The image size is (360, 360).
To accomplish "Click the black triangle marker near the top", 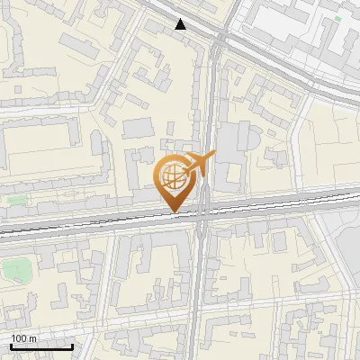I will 181,24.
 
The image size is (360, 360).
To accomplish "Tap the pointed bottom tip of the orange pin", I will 174,211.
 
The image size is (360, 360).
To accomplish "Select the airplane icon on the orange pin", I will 199,164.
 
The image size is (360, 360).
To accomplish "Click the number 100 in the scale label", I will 18,338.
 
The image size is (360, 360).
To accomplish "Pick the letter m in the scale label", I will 32,338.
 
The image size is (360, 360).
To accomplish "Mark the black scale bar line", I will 41,346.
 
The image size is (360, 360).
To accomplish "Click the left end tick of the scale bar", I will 11,345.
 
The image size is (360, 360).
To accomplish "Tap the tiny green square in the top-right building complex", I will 337,18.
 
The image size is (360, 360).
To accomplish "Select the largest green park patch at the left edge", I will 13,269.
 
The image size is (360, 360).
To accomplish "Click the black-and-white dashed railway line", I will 90,224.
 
